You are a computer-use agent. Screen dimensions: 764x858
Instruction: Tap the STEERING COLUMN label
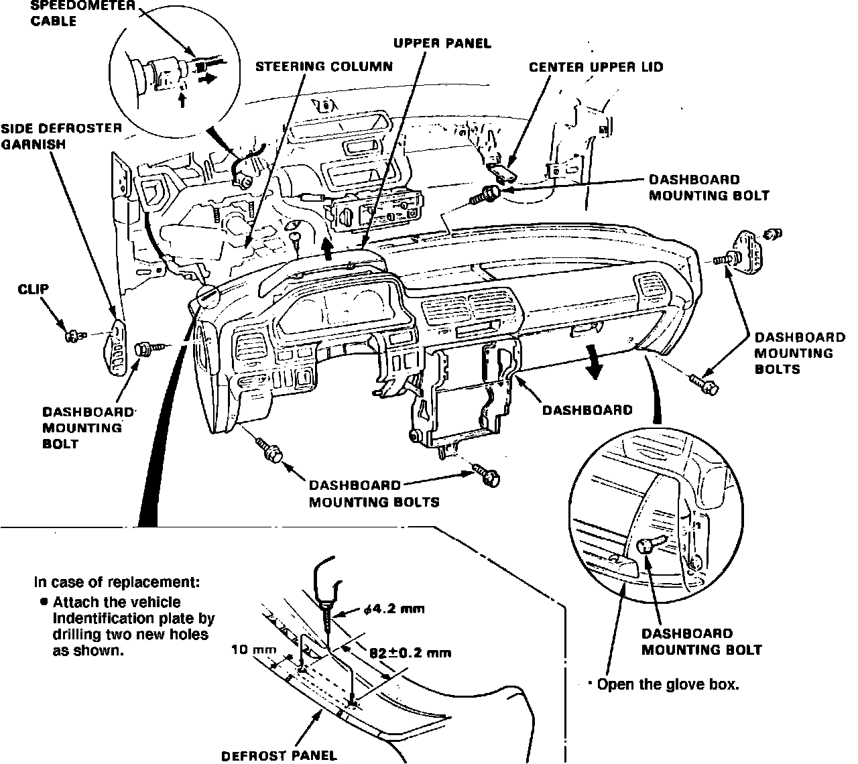pos(324,66)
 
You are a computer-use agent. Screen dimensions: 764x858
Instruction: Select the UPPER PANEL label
pos(442,44)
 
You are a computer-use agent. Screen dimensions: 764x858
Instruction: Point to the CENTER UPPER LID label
pos(596,67)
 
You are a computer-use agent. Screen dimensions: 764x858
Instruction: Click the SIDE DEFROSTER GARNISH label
pos(62,135)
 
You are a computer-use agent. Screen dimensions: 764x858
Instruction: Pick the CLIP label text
pos(34,289)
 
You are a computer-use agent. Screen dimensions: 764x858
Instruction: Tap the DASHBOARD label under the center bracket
pos(587,409)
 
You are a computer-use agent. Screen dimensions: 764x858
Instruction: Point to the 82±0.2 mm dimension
pos(410,652)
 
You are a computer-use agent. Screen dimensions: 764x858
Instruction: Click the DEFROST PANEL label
pos(279,756)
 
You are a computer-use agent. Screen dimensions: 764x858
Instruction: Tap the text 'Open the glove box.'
pos(668,685)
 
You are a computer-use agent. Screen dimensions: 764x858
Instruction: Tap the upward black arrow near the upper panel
pos(328,249)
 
